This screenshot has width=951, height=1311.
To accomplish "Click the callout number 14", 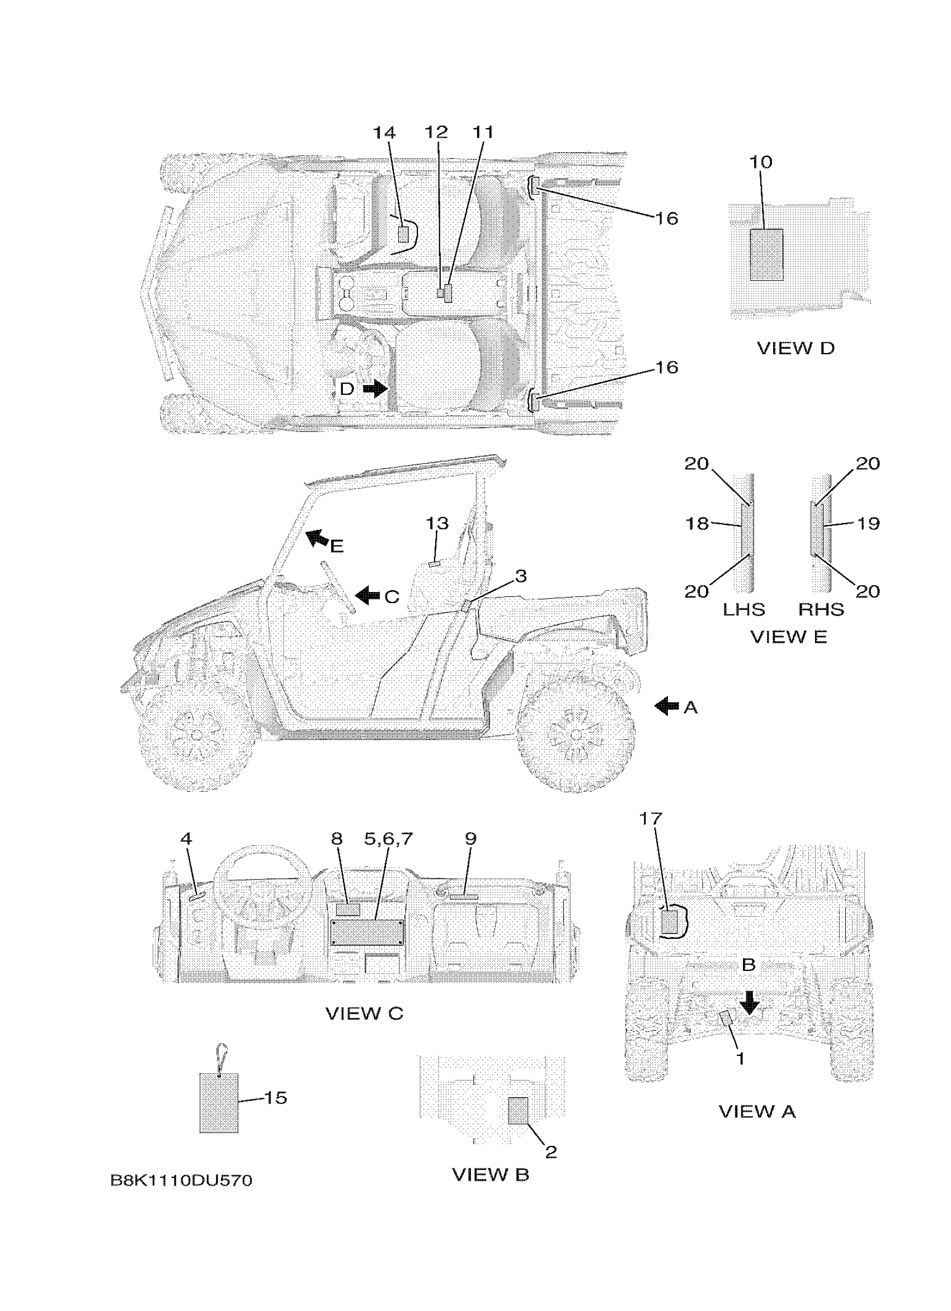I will tap(384, 133).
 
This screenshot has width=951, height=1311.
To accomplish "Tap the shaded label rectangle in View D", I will tap(766, 255).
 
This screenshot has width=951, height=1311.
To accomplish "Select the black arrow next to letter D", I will tap(375, 389).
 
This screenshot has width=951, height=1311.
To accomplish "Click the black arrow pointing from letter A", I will tap(667, 706).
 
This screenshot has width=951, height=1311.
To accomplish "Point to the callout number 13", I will tap(437, 523).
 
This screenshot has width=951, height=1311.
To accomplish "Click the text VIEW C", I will tap(364, 1013).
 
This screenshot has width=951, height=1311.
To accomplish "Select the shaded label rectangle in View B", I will tap(517, 1111).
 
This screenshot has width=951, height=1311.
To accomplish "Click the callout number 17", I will tap(651, 819).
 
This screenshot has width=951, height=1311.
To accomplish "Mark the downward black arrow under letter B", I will tap(750, 1003).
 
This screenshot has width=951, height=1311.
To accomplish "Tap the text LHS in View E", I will tap(743, 610).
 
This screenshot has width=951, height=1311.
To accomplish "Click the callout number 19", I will tap(868, 523).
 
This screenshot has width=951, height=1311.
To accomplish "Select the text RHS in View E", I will tap(821, 610).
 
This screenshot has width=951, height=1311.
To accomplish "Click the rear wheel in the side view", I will tap(576, 734).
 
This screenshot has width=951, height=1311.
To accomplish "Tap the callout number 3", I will tap(521, 576).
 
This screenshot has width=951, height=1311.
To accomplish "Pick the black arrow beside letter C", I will tap(368, 595).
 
